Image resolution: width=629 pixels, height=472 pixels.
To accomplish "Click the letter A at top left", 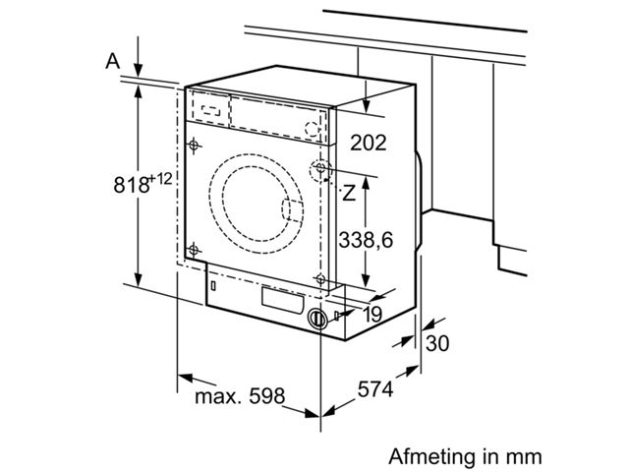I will [x=113, y=61].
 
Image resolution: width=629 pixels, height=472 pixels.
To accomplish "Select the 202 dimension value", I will [x=369, y=144].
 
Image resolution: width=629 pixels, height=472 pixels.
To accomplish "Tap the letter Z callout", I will [x=349, y=193].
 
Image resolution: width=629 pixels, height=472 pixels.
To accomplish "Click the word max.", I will [x=215, y=397].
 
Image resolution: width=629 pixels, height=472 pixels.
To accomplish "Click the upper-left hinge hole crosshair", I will [x=195, y=146].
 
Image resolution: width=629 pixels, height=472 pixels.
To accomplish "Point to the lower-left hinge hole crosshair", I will [x=194, y=248].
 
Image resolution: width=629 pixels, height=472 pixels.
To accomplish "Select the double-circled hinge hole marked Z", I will [x=321, y=171].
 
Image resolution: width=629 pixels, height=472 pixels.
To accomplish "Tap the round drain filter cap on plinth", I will [x=316, y=319].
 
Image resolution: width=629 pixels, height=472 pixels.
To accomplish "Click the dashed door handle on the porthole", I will [x=292, y=210].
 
